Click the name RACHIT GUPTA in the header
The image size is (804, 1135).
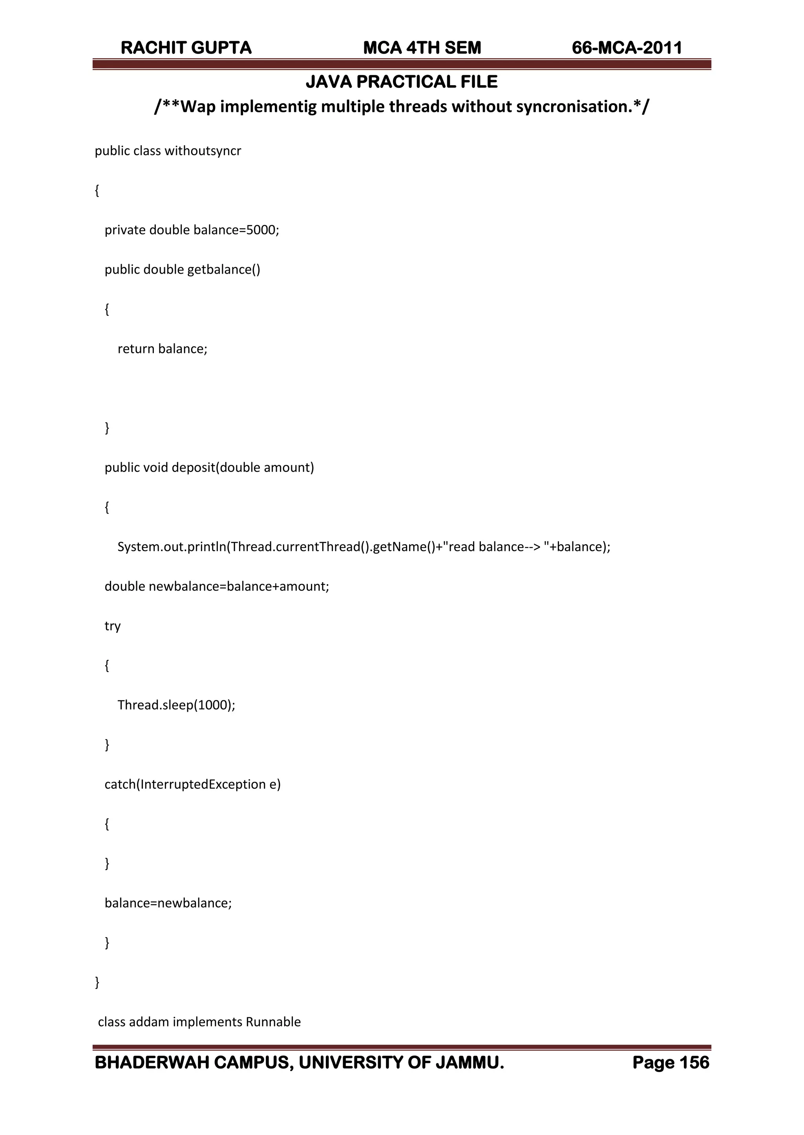pos(186,48)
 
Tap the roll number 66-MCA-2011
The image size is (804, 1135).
pos(627,48)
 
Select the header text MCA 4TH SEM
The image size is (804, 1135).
pos(422,48)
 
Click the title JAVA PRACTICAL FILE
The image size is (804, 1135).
pos(402,82)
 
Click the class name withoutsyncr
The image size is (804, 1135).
pos(203,151)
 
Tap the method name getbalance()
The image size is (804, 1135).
pos(223,270)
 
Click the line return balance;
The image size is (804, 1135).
pos(163,349)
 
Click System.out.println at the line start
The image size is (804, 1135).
pos(171,547)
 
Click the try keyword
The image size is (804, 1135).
pos(112,626)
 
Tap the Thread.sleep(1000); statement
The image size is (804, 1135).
pos(176,705)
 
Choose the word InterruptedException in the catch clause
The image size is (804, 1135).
pos(203,784)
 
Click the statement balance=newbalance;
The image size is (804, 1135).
pos(168,903)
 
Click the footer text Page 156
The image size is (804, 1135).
pos(671,1063)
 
